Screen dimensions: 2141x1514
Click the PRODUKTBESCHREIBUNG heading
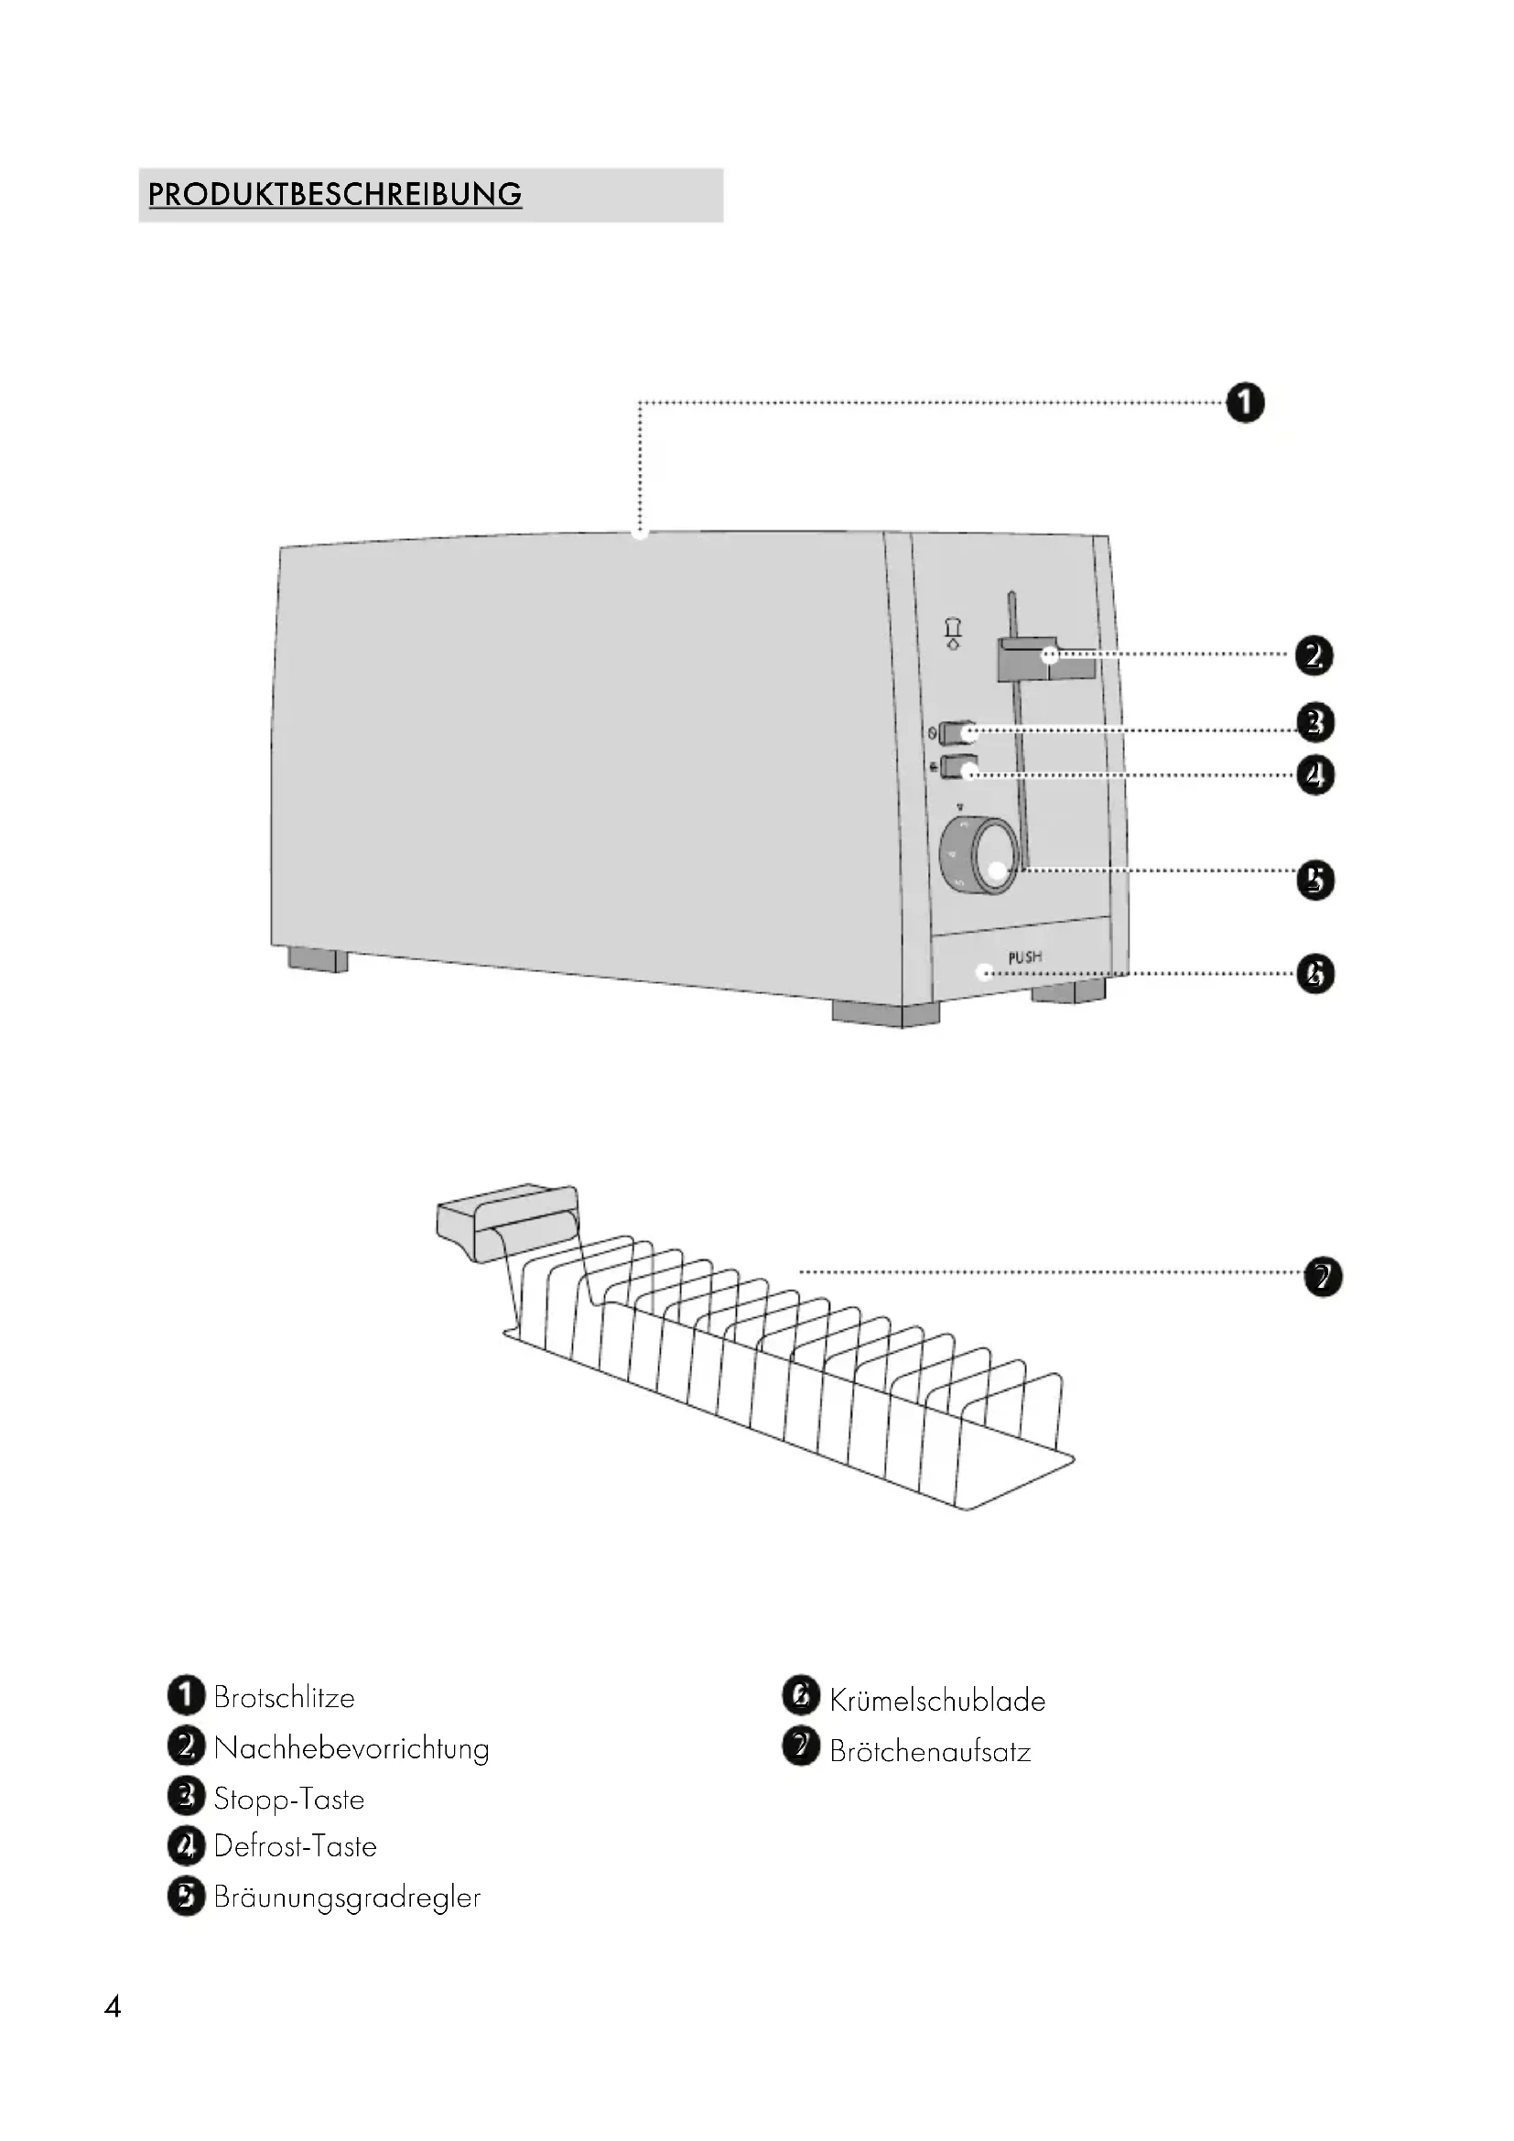point(335,195)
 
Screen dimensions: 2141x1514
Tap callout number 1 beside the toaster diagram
point(1245,404)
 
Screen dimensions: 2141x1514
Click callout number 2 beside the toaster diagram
point(1314,655)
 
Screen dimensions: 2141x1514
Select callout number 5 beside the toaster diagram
point(1315,880)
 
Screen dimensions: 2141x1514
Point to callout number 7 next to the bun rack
point(1322,1277)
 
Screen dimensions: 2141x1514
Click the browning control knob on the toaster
point(979,855)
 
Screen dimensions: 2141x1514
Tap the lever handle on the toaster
point(1044,657)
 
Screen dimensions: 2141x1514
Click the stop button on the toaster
point(957,733)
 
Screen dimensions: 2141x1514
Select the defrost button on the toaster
point(957,769)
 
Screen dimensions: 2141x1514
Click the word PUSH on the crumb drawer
point(1024,957)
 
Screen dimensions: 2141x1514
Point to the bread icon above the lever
point(953,633)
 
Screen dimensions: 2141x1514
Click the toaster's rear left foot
point(317,959)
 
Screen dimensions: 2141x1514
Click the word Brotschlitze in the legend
point(285,1697)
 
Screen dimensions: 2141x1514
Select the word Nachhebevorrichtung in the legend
point(351,1748)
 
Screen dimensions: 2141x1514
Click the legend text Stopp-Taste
point(289,1799)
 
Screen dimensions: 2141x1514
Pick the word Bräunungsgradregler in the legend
point(347,1898)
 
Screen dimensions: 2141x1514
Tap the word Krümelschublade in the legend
point(937,1701)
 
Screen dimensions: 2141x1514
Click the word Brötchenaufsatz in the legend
point(929,1752)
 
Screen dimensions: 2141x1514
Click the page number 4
point(113,2006)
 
